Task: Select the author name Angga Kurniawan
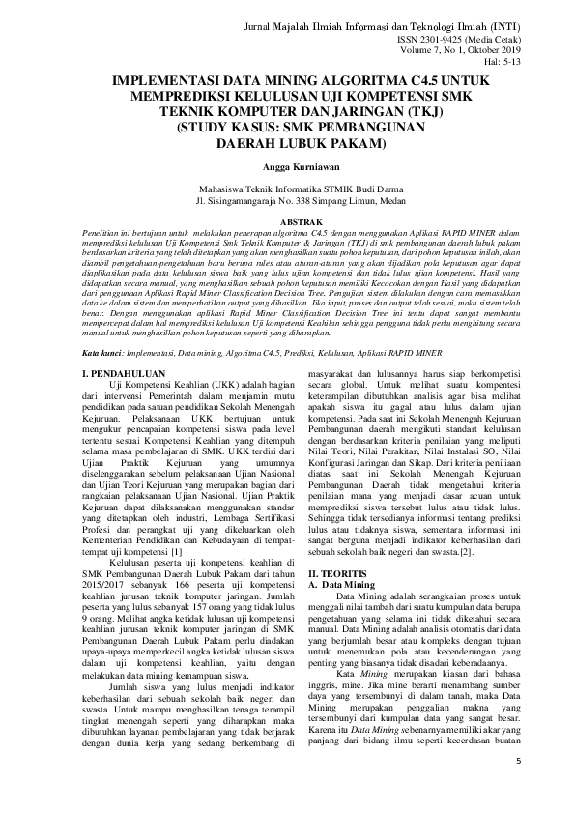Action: click(x=287, y=166)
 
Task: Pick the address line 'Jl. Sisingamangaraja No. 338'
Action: click(x=286, y=202)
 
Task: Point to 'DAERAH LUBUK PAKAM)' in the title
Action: click(x=287, y=143)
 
